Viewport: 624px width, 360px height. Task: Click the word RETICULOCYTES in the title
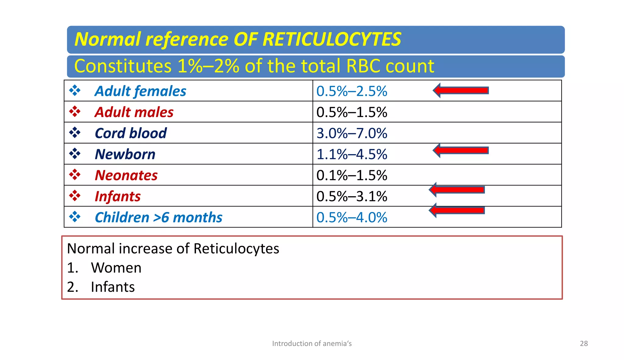click(x=332, y=39)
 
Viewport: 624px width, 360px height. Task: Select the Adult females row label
click(x=140, y=91)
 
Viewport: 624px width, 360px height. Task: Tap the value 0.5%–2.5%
click(x=352, y=91)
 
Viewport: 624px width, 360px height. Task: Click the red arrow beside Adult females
click(x=461, y=90)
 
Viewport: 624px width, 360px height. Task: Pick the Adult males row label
click(x=134, y=112)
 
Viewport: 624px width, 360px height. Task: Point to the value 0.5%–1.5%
click(x=352, y=112)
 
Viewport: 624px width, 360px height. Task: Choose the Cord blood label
click(x=131, y=133)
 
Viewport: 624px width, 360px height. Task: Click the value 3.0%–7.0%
click(x=352, y=133)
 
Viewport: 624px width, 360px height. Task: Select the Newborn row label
click(x=125, y=154)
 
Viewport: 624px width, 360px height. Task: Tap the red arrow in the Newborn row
click(x=461, y=150)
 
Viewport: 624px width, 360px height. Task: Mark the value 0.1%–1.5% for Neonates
click(x=352, y=175)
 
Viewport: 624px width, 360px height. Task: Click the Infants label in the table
click(x=118, y=196)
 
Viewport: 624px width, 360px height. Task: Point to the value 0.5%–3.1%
click(x=352, y=196)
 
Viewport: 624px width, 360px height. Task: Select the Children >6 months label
click(x=158, y=217)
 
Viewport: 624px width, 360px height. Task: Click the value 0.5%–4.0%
click(x=352, y=217)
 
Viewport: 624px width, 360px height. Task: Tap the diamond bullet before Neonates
click(x=75, y=175)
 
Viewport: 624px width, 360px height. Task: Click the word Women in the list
click(x=116, y=268)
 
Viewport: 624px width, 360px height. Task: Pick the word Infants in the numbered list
click(x=113, y=287)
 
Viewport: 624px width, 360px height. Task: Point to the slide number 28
click(x=584, y=344)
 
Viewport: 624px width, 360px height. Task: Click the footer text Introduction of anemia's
click(x=312, y=344)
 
